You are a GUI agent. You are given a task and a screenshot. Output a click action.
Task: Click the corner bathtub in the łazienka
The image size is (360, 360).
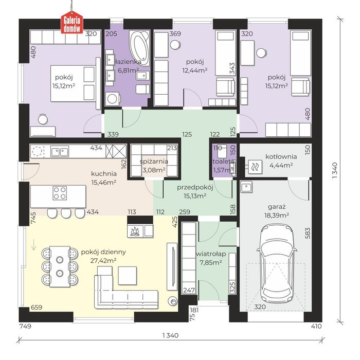pos(139,48)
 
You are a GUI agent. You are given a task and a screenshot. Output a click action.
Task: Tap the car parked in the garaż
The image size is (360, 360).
pos(277,263)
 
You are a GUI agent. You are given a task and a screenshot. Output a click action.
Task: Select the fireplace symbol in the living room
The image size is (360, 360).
pos(135,231)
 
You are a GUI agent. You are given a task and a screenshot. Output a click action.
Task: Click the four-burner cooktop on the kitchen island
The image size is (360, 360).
pos(60,193)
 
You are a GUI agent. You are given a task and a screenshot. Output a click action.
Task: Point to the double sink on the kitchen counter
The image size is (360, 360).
pos(60,152)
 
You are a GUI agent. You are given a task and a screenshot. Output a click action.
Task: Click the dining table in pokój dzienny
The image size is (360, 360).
pos(60,266)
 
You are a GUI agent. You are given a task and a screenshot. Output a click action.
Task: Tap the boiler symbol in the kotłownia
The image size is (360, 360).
pos(255,167)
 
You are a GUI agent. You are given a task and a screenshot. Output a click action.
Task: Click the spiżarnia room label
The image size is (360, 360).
pos(154,161)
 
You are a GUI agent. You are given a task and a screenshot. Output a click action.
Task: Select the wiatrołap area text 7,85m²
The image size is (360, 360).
pos(211,262)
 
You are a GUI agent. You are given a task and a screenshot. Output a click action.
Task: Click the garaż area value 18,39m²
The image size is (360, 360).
pos(277,215)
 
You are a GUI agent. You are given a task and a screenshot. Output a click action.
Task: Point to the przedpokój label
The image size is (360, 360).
pos(195,188)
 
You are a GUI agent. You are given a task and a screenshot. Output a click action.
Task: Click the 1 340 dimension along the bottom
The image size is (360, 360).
pos(170,335)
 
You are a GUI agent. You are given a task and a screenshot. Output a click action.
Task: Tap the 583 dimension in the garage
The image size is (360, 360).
pos(308,233)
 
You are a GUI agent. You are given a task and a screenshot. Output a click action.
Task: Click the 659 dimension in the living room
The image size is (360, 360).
pos(37,307)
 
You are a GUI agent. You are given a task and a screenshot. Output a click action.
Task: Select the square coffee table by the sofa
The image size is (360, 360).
pos(128,276)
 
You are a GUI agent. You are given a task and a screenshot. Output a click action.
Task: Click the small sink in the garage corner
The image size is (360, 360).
pos(246,187)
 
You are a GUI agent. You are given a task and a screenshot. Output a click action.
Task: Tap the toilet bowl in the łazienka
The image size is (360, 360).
pos(142,89)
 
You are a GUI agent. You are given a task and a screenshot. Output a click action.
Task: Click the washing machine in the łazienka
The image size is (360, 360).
pos(113,99)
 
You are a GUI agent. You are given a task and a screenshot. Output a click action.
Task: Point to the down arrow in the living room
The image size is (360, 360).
pos(34,245)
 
